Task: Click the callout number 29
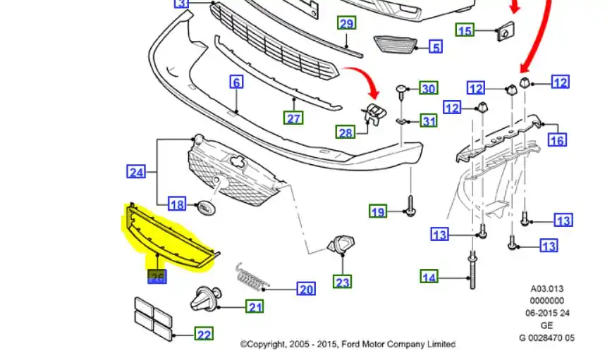tap(346, 23)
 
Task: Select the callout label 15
tap(465, 30)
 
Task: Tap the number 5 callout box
tap(436, 47)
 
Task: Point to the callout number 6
tap(236, 82)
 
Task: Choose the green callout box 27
tap(293, 118)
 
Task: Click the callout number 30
tap(429, 89)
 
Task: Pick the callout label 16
tap(557, 139)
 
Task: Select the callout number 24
tap(136, 171)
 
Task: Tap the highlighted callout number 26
tap(157, 277)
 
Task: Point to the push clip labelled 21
tap(205, 301)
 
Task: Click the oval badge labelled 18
tap(205, 209)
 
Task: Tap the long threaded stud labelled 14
tap(470, 271)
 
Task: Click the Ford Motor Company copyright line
tap(348, 345)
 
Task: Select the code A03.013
tap(546, 288)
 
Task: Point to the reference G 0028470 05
tap(546, 337)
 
